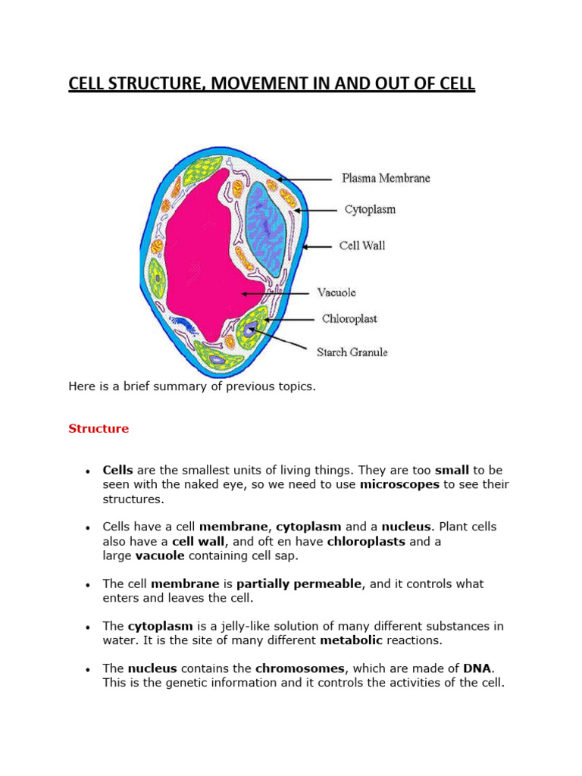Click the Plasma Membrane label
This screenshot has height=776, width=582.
point(386,179)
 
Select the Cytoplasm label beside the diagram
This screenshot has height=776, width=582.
point(370,209)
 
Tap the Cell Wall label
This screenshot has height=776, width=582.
point(362,246)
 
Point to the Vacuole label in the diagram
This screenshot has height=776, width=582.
point(336,293)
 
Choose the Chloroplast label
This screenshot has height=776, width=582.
point(349,319)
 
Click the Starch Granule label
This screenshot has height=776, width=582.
point(352,352)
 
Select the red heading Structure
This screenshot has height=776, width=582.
point(99,429)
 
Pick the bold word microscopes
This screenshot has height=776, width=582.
point(399,484)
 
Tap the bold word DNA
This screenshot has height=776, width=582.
point(477,668)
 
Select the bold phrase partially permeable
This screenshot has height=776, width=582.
point(299,584)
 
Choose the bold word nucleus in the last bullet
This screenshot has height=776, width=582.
point(152,668)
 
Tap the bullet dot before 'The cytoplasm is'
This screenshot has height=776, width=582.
point(89,627)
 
